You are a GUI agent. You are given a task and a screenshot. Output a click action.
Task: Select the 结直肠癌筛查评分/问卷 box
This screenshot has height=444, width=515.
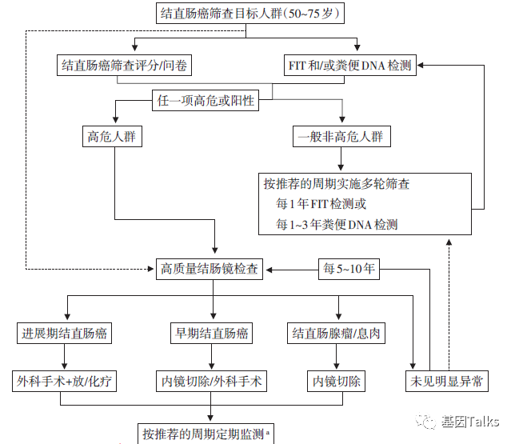(x=126, y=66)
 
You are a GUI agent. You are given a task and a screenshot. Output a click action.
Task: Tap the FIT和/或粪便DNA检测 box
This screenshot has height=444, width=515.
(x=350, y=66)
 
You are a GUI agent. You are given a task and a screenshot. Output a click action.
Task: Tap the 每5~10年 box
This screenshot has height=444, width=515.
(x=349, y=269)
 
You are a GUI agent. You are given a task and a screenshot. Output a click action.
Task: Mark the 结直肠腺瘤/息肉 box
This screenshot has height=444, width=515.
(x=337, y=332)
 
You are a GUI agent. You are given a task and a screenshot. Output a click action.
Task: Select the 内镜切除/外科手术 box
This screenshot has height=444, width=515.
(x=211, y=381)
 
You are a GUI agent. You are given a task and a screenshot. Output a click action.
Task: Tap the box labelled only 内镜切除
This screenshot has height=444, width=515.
(x=337, y=381)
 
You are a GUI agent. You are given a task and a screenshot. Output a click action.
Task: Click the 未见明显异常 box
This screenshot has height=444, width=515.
(x=446, y=381)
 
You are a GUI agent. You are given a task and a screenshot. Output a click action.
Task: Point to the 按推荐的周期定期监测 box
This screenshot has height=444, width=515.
(x=206, y=434)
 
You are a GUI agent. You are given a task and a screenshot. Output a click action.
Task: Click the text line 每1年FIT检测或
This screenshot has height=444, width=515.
(x=321, y=204)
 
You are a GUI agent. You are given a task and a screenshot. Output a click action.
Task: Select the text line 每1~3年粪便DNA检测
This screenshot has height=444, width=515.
(x=337, y=225)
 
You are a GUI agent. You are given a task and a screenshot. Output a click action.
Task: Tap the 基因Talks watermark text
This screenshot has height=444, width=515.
(x=472, y=422)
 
